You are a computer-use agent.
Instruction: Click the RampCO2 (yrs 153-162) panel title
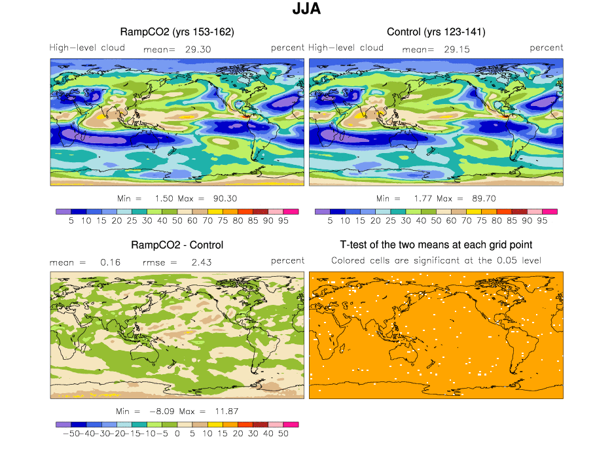(x=177, y=31)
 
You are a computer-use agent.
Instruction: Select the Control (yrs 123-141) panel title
(x=436, y=31)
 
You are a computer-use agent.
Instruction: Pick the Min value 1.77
(x=412, y=198)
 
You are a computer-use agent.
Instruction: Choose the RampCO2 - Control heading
(x=177, y=245)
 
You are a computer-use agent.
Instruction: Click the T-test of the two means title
(x=436, y=245)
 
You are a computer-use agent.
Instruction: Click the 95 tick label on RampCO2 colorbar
(x=283, y=221)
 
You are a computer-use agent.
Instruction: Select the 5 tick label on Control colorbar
(x=330, y=221)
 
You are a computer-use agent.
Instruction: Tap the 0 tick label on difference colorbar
(x=177, y=434)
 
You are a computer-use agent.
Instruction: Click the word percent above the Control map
(x=547, y=48)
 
